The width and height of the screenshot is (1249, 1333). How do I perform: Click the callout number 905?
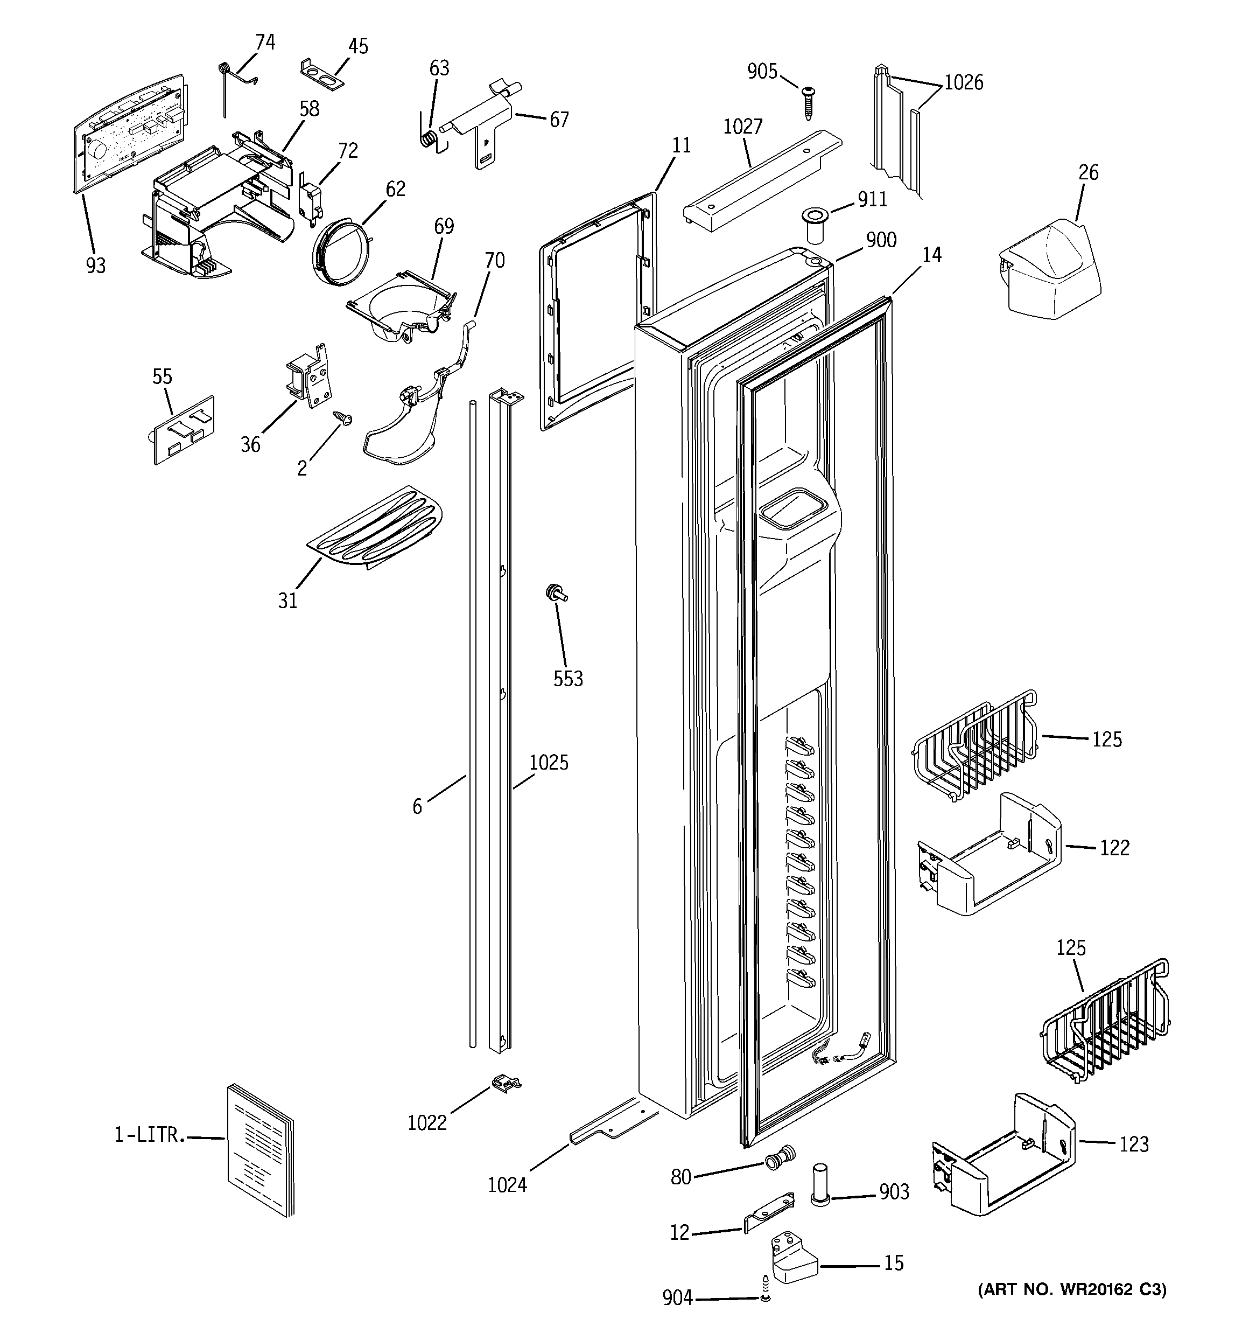[x=762, y=71]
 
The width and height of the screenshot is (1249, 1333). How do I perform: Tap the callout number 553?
[x=568, y=679]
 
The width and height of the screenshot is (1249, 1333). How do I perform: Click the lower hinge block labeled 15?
[x=793, y=1265]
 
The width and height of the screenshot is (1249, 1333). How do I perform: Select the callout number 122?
[x=1114, y=848]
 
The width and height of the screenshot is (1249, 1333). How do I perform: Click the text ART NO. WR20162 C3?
[x=1072, y=1289]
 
